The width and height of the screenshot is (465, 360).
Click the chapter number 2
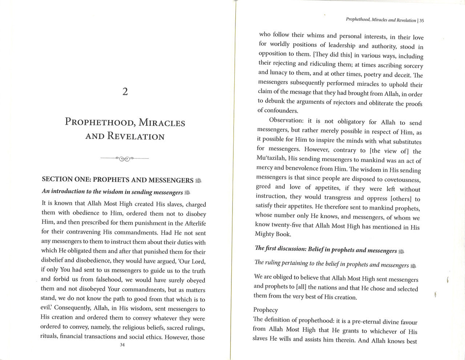pos(125,92)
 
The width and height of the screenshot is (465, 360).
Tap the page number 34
pos(122,345)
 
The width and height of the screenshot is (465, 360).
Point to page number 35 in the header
pos(421,21)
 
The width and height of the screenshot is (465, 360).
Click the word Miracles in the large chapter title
pos(162,123)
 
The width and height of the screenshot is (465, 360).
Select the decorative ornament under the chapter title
pos(125,159)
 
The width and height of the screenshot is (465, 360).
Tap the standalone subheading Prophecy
pos(266,310)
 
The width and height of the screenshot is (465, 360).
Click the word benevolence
pos(304,168)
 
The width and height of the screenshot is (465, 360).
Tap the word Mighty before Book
pos(266,234)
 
